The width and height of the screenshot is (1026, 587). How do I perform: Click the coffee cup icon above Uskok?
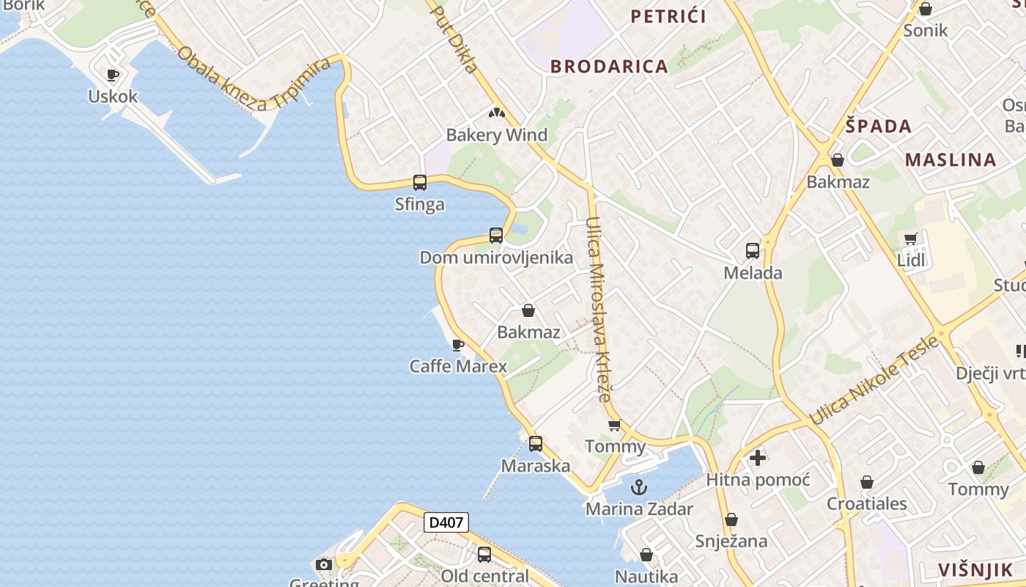coord(112,75)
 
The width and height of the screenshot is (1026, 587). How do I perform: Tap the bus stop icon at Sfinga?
coord(420,183)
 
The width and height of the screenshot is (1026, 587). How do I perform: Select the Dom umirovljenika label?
coord(496,258)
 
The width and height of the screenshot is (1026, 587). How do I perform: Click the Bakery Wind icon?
coord(497,114)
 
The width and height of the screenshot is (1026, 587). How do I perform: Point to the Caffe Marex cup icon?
coord(458,344)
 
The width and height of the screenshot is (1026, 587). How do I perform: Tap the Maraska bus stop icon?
coord(536,444)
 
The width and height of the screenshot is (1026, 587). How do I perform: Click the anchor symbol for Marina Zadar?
coord(639,487)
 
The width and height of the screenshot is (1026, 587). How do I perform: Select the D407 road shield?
coord(446,522)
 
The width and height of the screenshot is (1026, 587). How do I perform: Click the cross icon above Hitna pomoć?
coord(758,459)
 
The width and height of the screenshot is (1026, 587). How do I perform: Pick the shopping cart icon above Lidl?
coord(911,238)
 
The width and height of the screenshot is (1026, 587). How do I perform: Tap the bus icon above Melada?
coord(753,251)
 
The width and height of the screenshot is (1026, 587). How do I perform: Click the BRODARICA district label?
coord(609,66)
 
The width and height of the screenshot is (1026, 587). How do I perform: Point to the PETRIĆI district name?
coord(668,16)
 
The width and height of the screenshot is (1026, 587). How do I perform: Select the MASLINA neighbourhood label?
coord(951,160)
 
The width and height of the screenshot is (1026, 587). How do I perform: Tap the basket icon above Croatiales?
coord(867,483)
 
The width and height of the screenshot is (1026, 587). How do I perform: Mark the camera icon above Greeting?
coord(324,564)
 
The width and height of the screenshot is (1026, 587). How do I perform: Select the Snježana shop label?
coord(731,542)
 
